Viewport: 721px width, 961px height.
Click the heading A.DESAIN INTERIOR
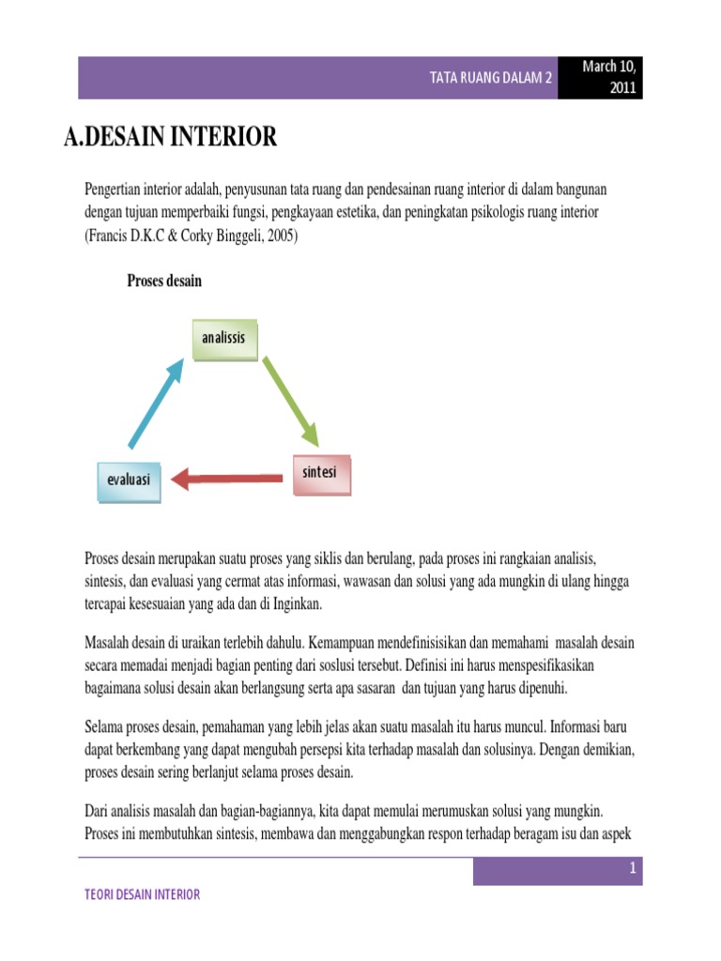pyautogui.click(x=170, y=138)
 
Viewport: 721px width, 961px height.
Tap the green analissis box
pyautogui.click(x=223, y=339)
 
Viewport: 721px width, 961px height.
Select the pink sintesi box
pyautogui.click(x=319, y=474)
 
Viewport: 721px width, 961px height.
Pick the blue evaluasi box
pyautogui.click(x=129, y=480)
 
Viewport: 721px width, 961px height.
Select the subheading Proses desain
pyautogui.click(x=164, y=282)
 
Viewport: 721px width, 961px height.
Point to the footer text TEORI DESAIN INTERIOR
pyautogui.click(x=142, y=894)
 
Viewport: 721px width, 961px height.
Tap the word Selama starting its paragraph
pyautogui.click(x=105, y=728)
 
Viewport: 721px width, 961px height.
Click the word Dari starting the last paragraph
pyautogui.click(x=98, y=812)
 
